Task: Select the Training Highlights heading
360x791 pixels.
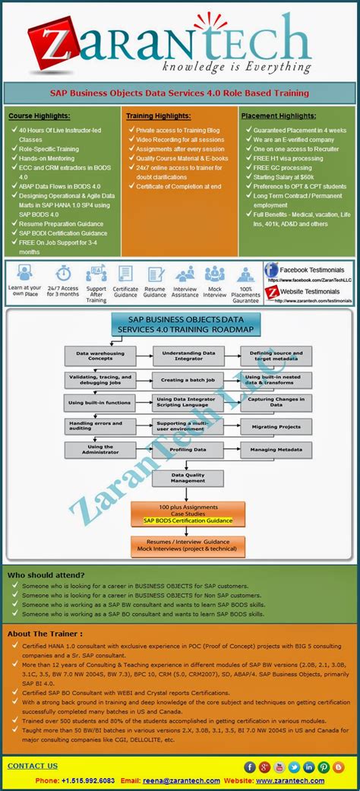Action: click(159, 115)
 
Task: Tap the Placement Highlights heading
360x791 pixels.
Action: click(279, 115)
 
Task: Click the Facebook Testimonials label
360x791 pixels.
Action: click(312, 270)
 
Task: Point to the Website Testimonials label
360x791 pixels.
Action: click(311, 291)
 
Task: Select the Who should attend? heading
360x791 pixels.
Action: click(46, 575)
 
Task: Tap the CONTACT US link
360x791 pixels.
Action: click(32, 766)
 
